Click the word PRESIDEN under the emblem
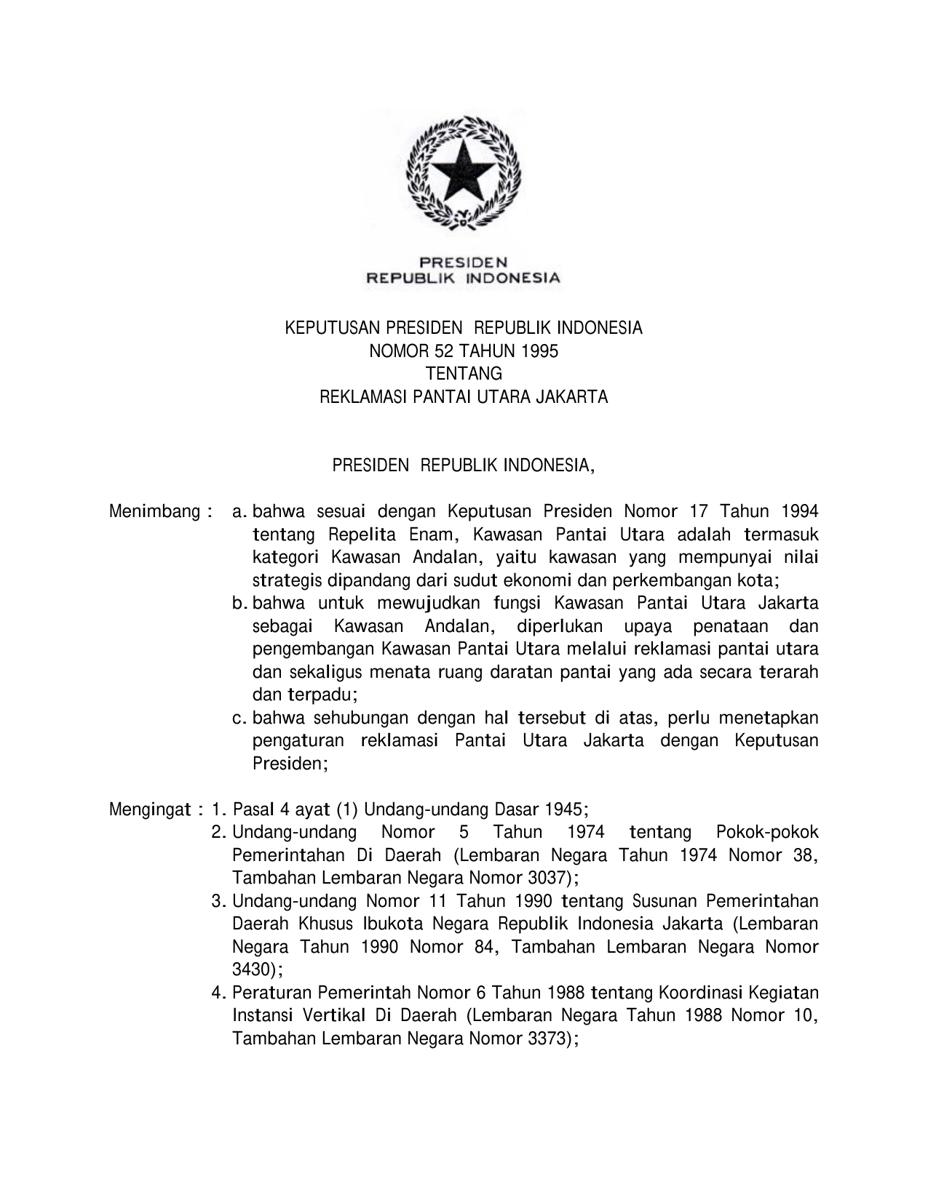pos(463,262)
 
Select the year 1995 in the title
pos(540,351)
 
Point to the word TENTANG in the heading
pos(464,375)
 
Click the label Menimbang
pos(154,511)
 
